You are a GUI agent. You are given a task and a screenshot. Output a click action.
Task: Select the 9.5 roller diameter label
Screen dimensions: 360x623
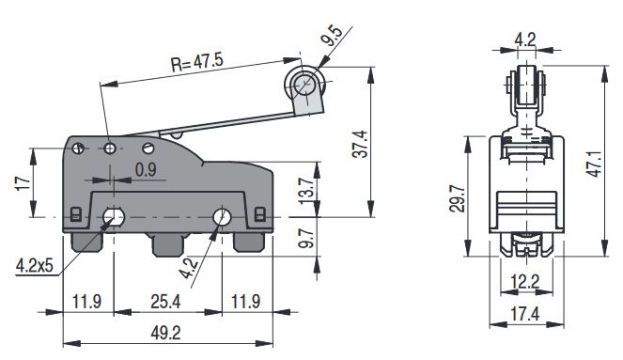(330, 39)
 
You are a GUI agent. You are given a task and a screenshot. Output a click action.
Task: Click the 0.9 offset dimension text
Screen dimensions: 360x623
(146, 171)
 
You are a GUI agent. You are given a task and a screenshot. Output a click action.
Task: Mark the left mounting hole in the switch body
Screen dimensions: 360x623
(114, 218)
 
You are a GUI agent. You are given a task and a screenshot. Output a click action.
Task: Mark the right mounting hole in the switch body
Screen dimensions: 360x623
(222, 218)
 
